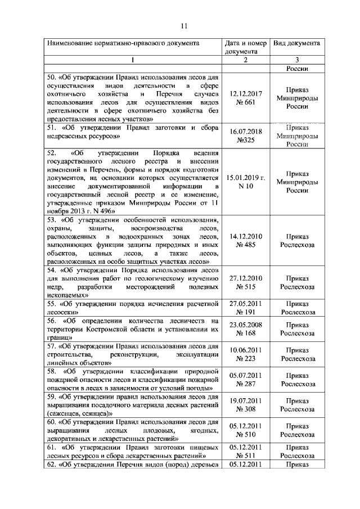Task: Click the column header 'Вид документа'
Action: [x=296, y=43]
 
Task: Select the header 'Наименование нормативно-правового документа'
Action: [x=123, y=43]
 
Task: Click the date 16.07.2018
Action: [x=245, y=131]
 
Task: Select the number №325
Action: [x=245, y=139]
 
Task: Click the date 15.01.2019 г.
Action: [x=245, y=177]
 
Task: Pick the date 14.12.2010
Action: [x=245, y=237]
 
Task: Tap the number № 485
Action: [x=245, y=245]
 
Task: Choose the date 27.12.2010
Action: [x=245, y=278]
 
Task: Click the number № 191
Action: [x=245, y=312]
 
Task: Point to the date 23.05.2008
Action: [x=245, y=325]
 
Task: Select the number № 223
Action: [x=245, y=358]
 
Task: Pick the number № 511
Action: [x=245, y=456]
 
